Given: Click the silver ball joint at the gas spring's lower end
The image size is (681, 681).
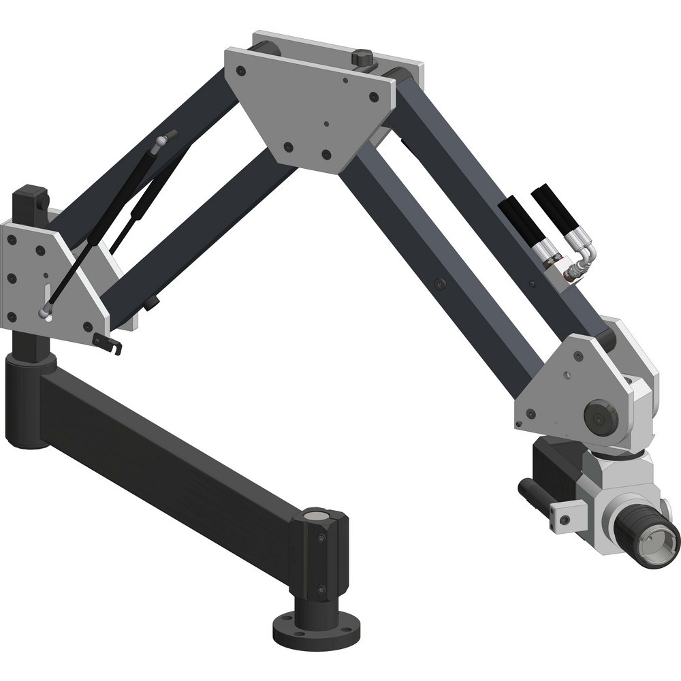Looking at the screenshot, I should point(44,314).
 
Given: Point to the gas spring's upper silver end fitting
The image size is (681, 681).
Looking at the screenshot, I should point(160,141).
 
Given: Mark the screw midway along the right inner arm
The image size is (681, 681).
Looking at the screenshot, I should point(441,282).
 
